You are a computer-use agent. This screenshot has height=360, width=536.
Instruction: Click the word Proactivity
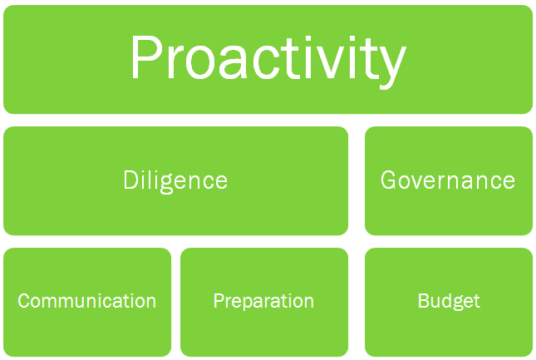268,62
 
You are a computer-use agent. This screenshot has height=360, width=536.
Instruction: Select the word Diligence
175,182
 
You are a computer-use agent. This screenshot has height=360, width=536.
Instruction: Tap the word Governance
448,180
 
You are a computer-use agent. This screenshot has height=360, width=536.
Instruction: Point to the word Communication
86,301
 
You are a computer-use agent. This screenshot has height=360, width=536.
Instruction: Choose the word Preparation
263,302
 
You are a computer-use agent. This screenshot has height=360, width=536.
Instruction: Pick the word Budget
449,302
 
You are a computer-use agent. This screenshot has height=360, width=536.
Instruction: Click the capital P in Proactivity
146,57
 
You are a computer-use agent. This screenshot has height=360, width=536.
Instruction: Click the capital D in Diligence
130,180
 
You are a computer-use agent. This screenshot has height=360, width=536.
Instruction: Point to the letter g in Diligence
166,184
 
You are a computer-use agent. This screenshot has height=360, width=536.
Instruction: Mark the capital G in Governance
389,180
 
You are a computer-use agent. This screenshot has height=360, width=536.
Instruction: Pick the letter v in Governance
420,182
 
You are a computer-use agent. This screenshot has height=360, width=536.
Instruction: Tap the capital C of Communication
24,301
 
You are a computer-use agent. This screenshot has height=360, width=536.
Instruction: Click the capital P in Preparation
219,301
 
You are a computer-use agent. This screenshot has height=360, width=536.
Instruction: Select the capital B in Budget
424,301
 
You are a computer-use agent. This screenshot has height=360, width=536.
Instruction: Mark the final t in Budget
476,302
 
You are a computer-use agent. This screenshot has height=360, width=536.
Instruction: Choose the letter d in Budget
445,301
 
